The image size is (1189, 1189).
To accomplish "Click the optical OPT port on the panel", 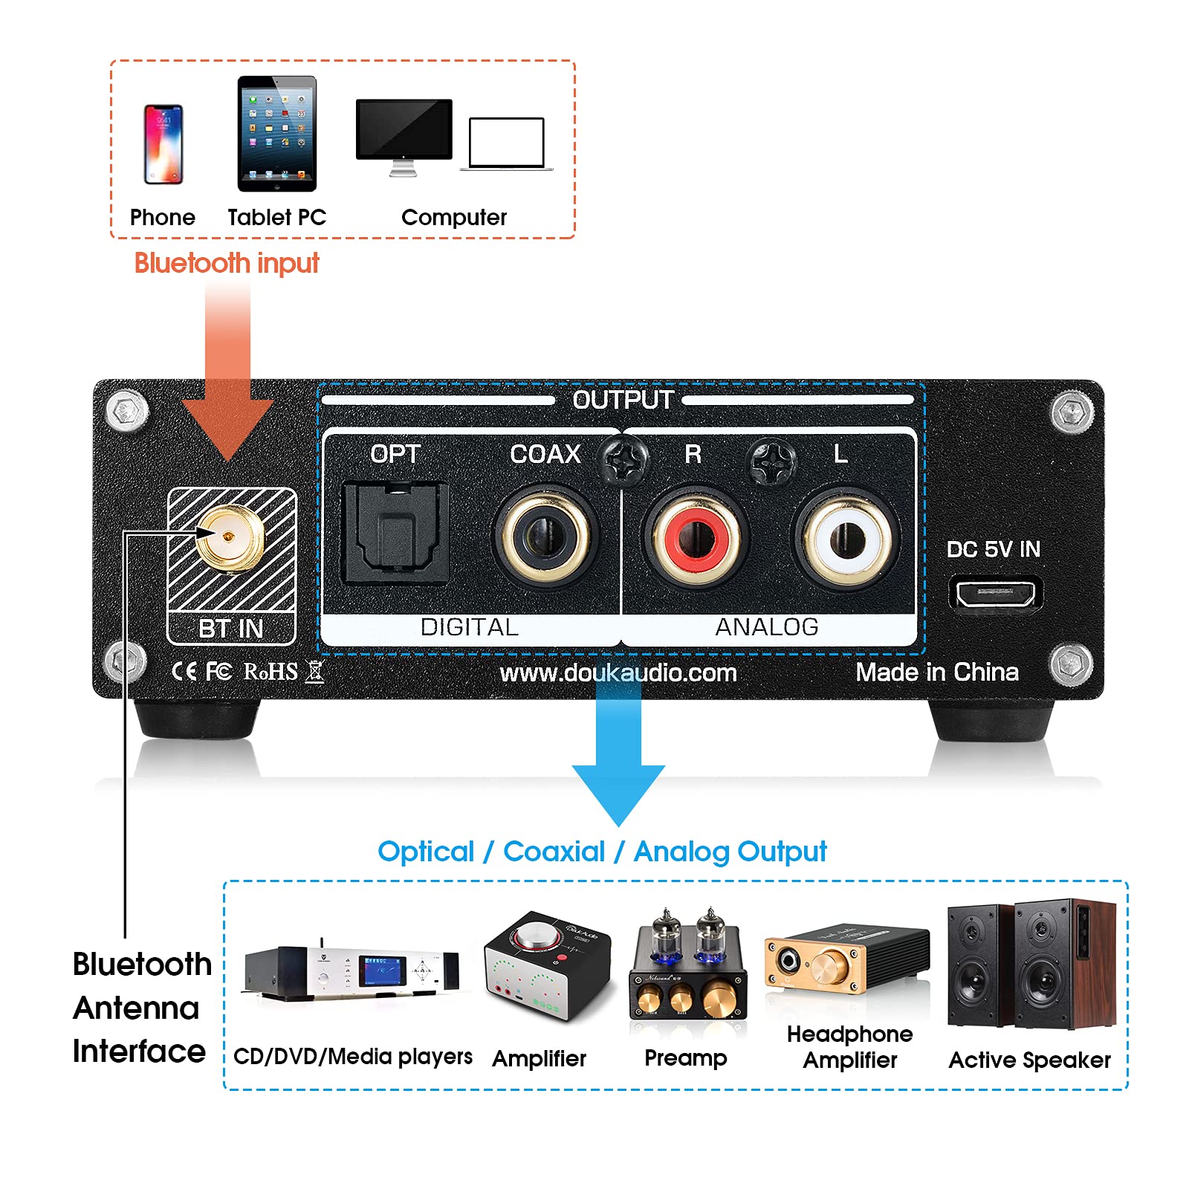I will pyautogui.click(x=395, y=532).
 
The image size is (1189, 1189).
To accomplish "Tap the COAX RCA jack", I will pyautogui.click(x=545, y=536).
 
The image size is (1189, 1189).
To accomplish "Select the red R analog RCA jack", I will pyautogui.click(x=694, y=537).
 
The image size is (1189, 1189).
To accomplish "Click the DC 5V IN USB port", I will pyautogui.click(x=995, y=593).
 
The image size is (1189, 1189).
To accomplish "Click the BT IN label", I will pyautogui.click(x=231, y=629).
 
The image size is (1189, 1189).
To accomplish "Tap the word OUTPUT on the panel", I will pyautogui.click(x=623, y=400).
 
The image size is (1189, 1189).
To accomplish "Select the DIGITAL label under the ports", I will pyautogui.click(x=469, y=627).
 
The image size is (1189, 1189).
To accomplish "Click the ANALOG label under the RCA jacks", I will pyautogui.click(x=766, y=627).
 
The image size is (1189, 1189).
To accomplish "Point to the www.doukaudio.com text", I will pyautogui.click(x=618, y=673).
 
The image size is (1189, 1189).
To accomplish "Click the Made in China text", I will pyautogui.click(x=937, y=673).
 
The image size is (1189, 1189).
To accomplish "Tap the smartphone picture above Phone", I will pyautogui.click(x=163, y=144).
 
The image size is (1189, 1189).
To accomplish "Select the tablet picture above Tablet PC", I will pyautogui.click(x=277, y=134).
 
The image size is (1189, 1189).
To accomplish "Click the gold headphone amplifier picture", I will pyautogui.click(x=846, y=961).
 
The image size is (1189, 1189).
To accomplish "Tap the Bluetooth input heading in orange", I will pyautogui.click(x=227, y=263).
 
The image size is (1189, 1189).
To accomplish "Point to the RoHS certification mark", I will pyautogui.click(x=270, y=672).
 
